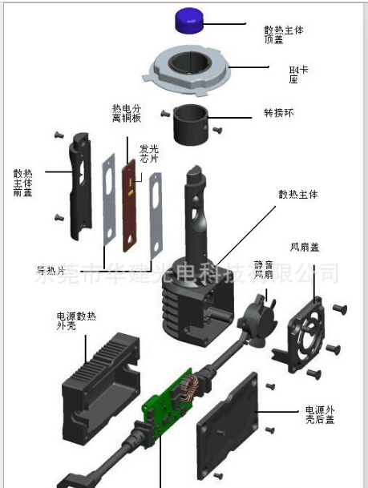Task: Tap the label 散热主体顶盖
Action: point(284,34)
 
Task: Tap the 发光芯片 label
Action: point(150,153)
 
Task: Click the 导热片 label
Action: point(50,268)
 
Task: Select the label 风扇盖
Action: point(304,247)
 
